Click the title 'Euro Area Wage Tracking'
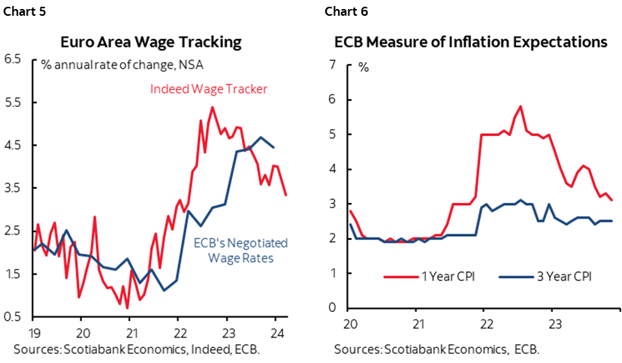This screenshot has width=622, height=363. (x=155, y=41)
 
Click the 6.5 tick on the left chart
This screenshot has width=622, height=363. (x=14, y=58)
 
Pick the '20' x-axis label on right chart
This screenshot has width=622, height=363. (x=350, y=323)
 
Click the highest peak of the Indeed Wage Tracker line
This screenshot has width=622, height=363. (x=213, y=107)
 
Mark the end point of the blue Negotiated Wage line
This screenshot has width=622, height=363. (x=273, y=147)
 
